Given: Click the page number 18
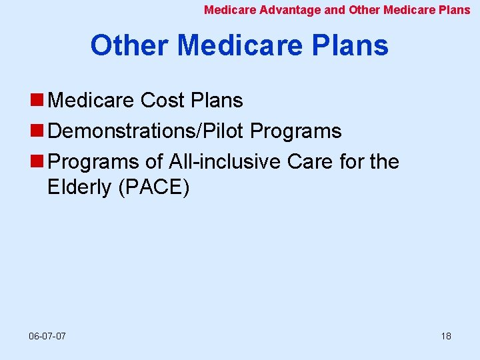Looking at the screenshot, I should [446, 336].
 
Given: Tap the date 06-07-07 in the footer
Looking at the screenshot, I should [48, 336].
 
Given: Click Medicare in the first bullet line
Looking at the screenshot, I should [92, 101].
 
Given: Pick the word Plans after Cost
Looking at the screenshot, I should [217, 101].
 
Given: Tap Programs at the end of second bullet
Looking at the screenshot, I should [296, 131].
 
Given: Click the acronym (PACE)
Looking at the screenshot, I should [153, 188].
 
